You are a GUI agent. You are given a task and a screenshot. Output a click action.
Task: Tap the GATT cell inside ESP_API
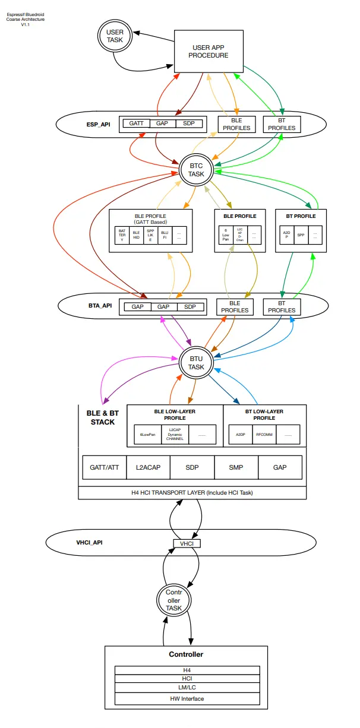pos(136,124)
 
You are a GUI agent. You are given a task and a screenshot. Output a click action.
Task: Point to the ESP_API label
pos(98,124)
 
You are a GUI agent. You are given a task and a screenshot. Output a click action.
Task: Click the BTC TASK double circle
pos(196,170)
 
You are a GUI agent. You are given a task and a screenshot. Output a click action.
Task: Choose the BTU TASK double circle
pos(196,363)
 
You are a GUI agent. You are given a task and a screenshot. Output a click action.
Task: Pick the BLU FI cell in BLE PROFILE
pos(165,235)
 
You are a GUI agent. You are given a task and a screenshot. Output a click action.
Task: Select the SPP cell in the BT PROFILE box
pos(301,235)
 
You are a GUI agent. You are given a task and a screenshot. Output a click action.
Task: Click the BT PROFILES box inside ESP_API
pos(282,124)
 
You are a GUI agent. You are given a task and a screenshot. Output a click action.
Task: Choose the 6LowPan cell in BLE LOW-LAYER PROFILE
pos(147,435)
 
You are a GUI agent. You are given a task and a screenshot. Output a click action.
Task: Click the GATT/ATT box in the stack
pos(104,467)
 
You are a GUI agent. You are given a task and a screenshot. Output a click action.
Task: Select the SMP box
pos(236,467)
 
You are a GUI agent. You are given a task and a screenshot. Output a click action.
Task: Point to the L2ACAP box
pos(148,467)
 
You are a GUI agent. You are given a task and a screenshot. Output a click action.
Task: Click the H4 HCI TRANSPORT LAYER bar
pos(192,493)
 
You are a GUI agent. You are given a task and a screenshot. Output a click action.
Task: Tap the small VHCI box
pos(187,543)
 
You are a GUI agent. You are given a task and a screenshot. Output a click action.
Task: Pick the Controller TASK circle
pos(173,600)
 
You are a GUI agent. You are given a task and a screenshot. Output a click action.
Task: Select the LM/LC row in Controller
pos(187,688)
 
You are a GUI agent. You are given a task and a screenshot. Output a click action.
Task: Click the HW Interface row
pos(187,698)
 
